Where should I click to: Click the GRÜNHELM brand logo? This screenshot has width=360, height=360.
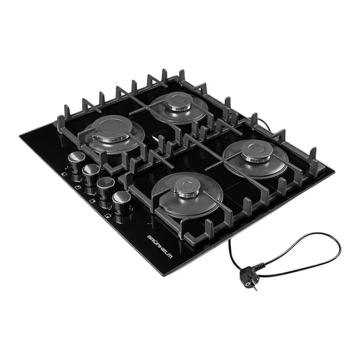pos(160,247)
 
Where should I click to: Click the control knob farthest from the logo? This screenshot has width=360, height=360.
pos(77,161)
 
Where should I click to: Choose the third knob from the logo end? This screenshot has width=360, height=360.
pos(91,174)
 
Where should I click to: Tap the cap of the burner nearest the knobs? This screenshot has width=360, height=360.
pos(111,129)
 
